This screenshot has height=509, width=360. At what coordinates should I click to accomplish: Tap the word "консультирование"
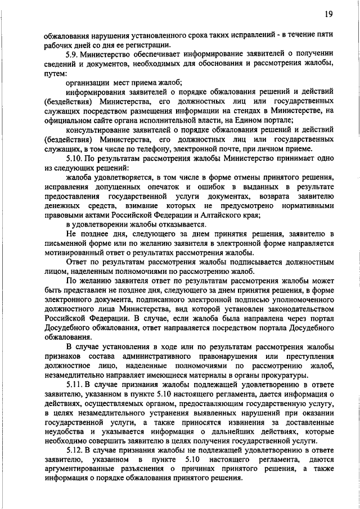(97, 129)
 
